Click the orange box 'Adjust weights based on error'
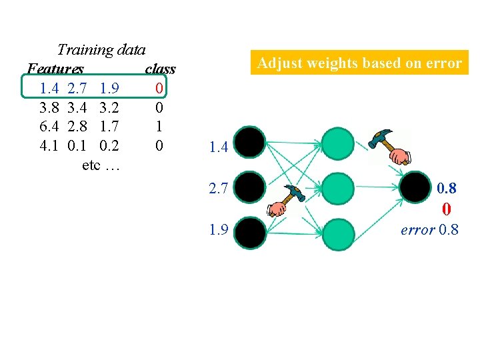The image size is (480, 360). [359, 63]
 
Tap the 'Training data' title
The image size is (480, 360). [101, 49]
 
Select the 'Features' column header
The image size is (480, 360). [55, 69]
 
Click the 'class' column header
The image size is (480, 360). [160, 69]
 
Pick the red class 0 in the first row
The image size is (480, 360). [158, 88]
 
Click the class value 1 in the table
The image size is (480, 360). [158, 126]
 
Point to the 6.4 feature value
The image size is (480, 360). [49, 126]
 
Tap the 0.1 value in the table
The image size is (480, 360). [77, 145]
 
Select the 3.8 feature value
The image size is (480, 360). [49, 107]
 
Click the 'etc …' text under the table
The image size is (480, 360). [101, 164]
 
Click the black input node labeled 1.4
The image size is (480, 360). [251, 142]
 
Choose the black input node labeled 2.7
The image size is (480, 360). [251, 188]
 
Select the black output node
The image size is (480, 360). [415, 188]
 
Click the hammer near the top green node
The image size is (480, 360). [390, 146]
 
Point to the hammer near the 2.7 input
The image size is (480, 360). [285, 201]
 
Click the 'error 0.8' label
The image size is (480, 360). [429, 231]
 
